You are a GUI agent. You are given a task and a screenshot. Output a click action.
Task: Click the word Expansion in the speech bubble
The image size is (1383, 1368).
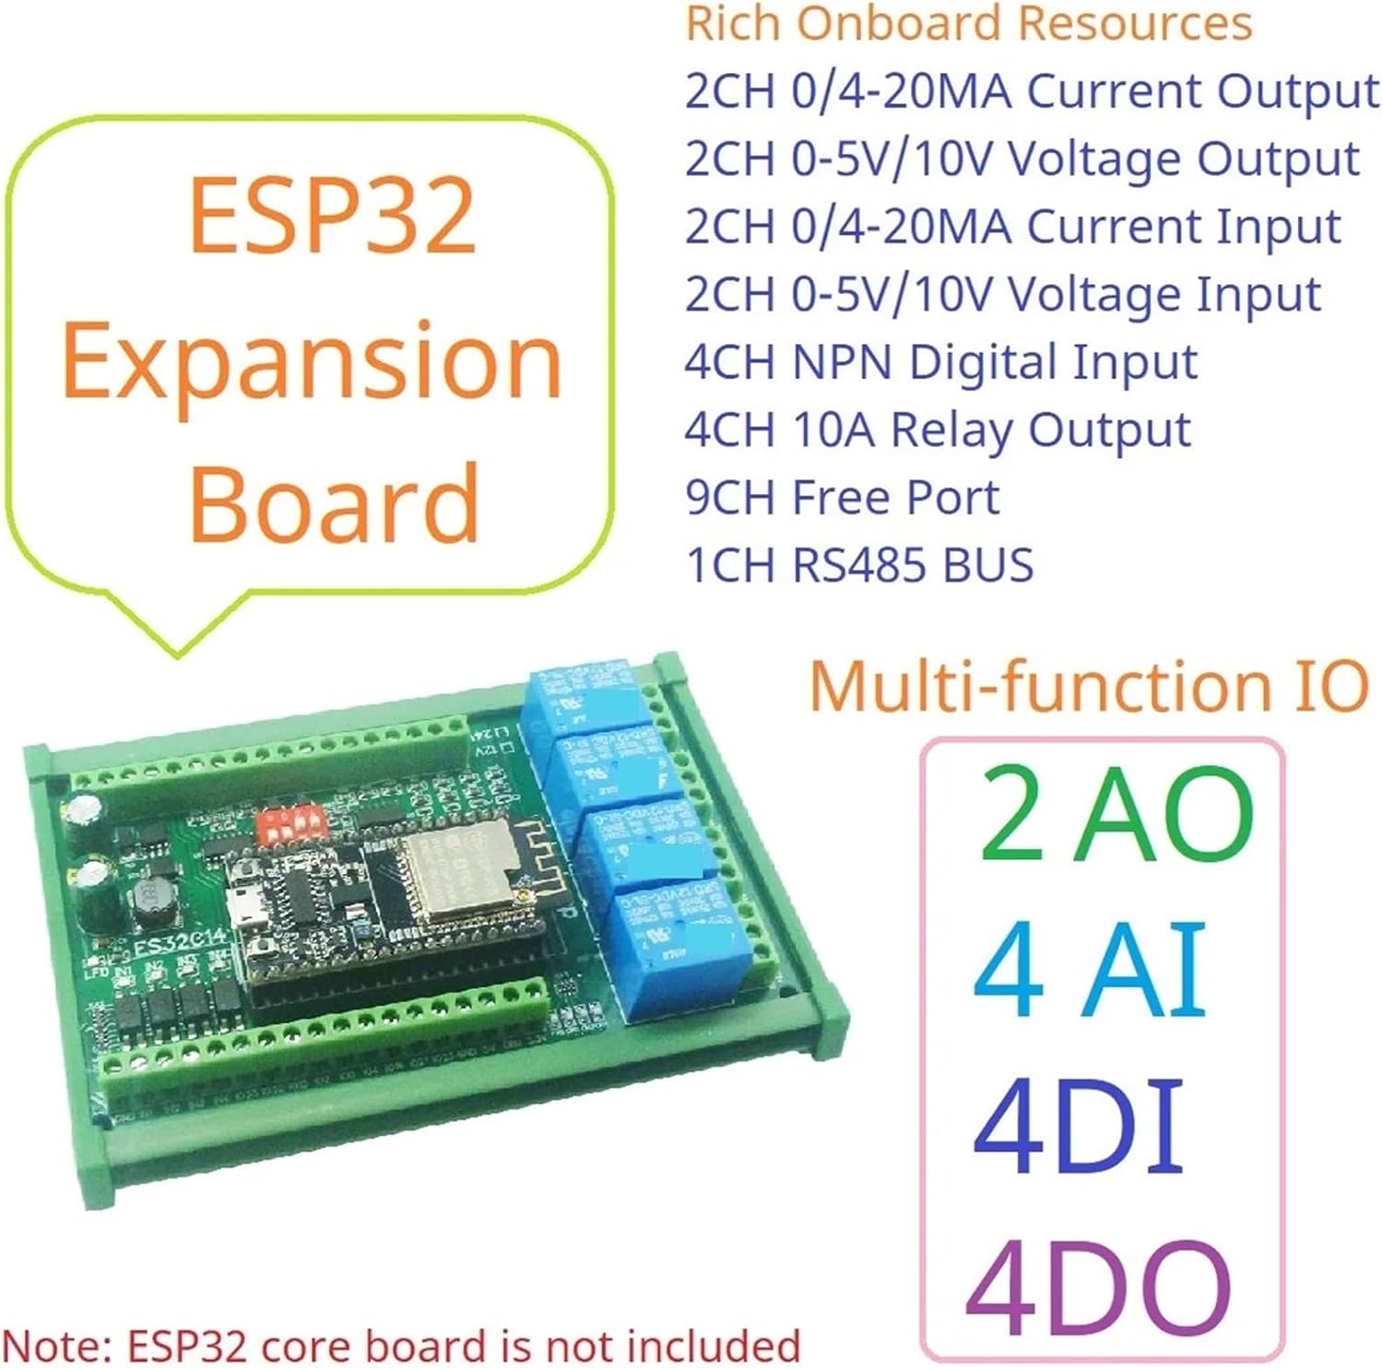[x=312, y=360]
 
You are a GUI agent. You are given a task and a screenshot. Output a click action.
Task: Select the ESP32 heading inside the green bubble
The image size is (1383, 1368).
[x=332, y=216]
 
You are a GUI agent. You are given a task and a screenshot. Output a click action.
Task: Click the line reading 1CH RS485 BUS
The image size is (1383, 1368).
[x=859, y=564]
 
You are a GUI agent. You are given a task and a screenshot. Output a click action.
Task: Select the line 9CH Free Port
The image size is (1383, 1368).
[x=842, y=497]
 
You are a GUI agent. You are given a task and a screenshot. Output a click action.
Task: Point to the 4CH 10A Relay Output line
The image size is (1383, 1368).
[x=938, y=430]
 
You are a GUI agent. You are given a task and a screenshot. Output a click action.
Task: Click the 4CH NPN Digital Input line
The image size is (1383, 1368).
[x=940, y=361]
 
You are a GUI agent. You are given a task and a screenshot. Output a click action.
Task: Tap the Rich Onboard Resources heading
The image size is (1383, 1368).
[x=969, y=23]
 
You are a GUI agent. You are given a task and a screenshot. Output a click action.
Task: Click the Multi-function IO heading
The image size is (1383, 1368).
[x=1088, y=687]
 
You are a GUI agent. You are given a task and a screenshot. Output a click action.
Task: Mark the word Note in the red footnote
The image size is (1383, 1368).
[x=56, y=1346]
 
